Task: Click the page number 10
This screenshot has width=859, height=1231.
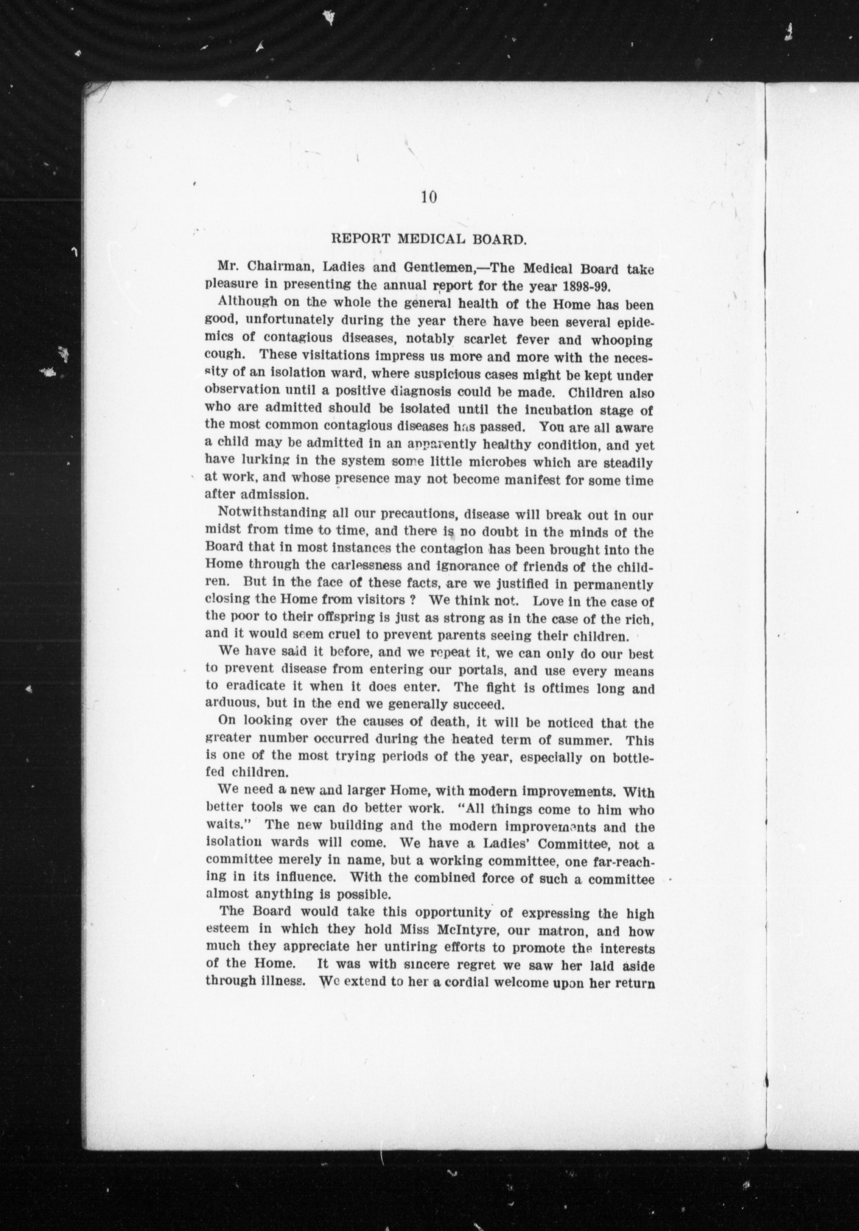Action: click(x=429, y=198)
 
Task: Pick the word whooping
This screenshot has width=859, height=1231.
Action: click(x=622, y=340)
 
